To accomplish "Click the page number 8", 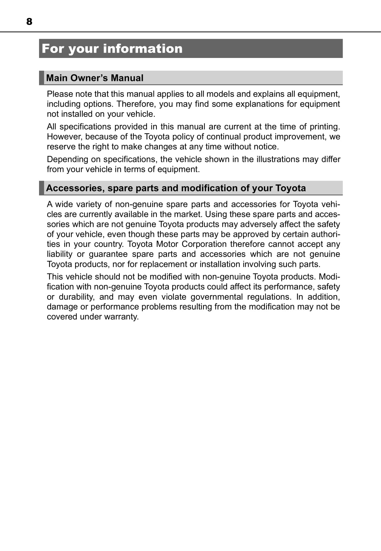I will pyautogui.click(x=29, y=22).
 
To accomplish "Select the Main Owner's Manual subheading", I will pyautogui.click(x=95, y=78).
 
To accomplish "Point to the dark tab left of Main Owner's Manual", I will pyautogui.click(x=41, y=78).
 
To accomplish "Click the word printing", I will pyautogui.click(x=324, y=127).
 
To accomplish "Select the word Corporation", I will pyautogui.click(x=204, y=244).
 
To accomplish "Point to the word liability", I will pyautogui.click(x=59, y=254).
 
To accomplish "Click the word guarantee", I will pyautogui.click(x=108, y=254).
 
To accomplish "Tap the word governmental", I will pyautogui.click(x=217, y=297).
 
